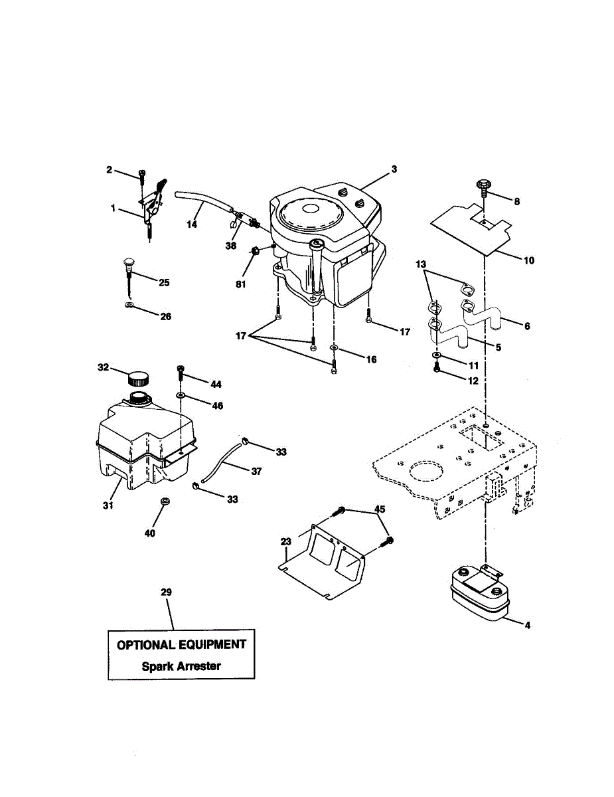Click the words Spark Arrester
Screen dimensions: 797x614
click(x=181, y=666)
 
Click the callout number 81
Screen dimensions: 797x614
click(x=241, y=284)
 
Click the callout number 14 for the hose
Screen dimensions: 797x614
click(x=192, y=224)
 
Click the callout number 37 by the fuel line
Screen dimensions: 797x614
click(x=256, y=471)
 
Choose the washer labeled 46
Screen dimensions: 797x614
click(x=181, y=396)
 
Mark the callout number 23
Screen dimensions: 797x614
click(x=286, y=541)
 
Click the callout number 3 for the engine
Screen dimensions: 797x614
click(x=394, y=169)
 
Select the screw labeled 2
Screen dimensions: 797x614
click(x=142, y=175)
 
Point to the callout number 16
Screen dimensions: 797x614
click(x=371, y=359)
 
